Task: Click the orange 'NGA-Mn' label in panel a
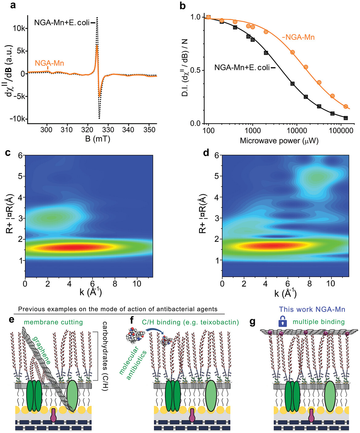click(x=49, y=63)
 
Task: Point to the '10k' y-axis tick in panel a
click(x=19, y=28)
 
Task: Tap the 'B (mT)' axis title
click(x=97, y=139)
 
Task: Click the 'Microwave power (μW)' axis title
click(x=279, y=141)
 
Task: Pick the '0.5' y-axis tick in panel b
click(x=195, y=70)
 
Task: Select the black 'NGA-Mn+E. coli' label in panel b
click(x=242, y=68)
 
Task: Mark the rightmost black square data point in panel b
click(x=346, y=118)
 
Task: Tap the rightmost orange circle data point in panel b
click(x=346, y=107)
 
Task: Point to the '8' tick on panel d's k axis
click(x=309, y=283)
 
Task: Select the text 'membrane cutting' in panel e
click(x=53, y=322)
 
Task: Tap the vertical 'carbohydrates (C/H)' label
click(x=105, y=356)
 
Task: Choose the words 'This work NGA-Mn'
click(x=312, y=309)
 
